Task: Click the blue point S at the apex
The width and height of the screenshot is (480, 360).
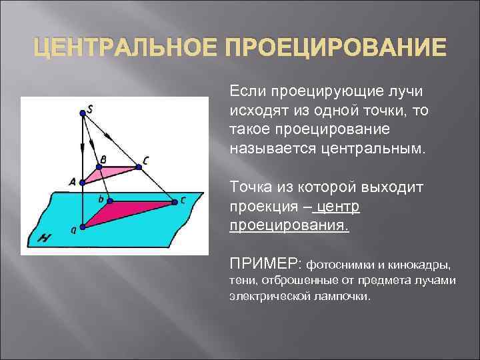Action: [83, 113]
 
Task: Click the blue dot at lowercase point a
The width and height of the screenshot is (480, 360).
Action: [82, 226]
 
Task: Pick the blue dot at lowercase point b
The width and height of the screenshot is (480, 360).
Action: [111, 201]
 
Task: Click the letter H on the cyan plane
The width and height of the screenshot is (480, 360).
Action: [45, 235]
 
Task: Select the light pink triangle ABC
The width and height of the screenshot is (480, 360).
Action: [110, 171]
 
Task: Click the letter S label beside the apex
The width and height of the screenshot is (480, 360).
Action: [90, 106]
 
